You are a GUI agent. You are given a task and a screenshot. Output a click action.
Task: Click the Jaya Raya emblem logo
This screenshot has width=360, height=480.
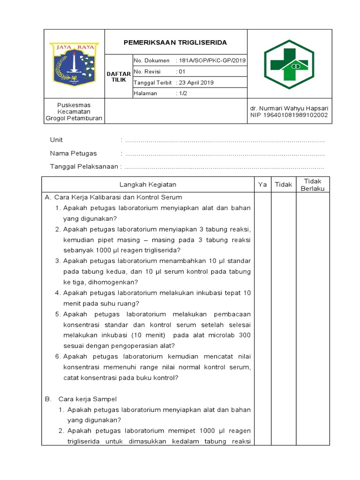74,64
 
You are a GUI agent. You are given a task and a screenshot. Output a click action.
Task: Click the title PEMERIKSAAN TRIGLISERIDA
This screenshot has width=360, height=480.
175,43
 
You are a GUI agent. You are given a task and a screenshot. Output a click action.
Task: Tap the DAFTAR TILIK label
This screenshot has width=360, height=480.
119,77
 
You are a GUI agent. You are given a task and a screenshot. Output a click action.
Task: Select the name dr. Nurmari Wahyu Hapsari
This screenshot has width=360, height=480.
289,108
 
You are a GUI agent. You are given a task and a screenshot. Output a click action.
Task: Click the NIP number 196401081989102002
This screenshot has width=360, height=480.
289,115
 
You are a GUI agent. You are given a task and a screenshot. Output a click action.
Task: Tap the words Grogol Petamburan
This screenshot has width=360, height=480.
74,119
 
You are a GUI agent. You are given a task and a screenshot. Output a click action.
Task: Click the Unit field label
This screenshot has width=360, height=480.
56,140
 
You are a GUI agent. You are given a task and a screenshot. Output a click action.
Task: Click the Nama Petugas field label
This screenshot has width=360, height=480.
73,153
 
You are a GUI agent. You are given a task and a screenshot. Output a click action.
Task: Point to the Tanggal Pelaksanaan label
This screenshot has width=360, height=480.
84,166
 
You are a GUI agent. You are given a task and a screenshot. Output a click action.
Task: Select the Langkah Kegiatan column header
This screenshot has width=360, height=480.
148,185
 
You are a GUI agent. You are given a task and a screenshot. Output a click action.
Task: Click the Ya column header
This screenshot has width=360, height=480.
262,185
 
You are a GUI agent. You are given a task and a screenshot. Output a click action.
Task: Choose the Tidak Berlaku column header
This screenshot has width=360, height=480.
313,185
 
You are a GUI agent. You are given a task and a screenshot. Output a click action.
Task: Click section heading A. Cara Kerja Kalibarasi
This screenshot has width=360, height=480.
113,197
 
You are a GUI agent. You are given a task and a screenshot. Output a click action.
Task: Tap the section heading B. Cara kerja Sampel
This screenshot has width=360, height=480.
81,399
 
